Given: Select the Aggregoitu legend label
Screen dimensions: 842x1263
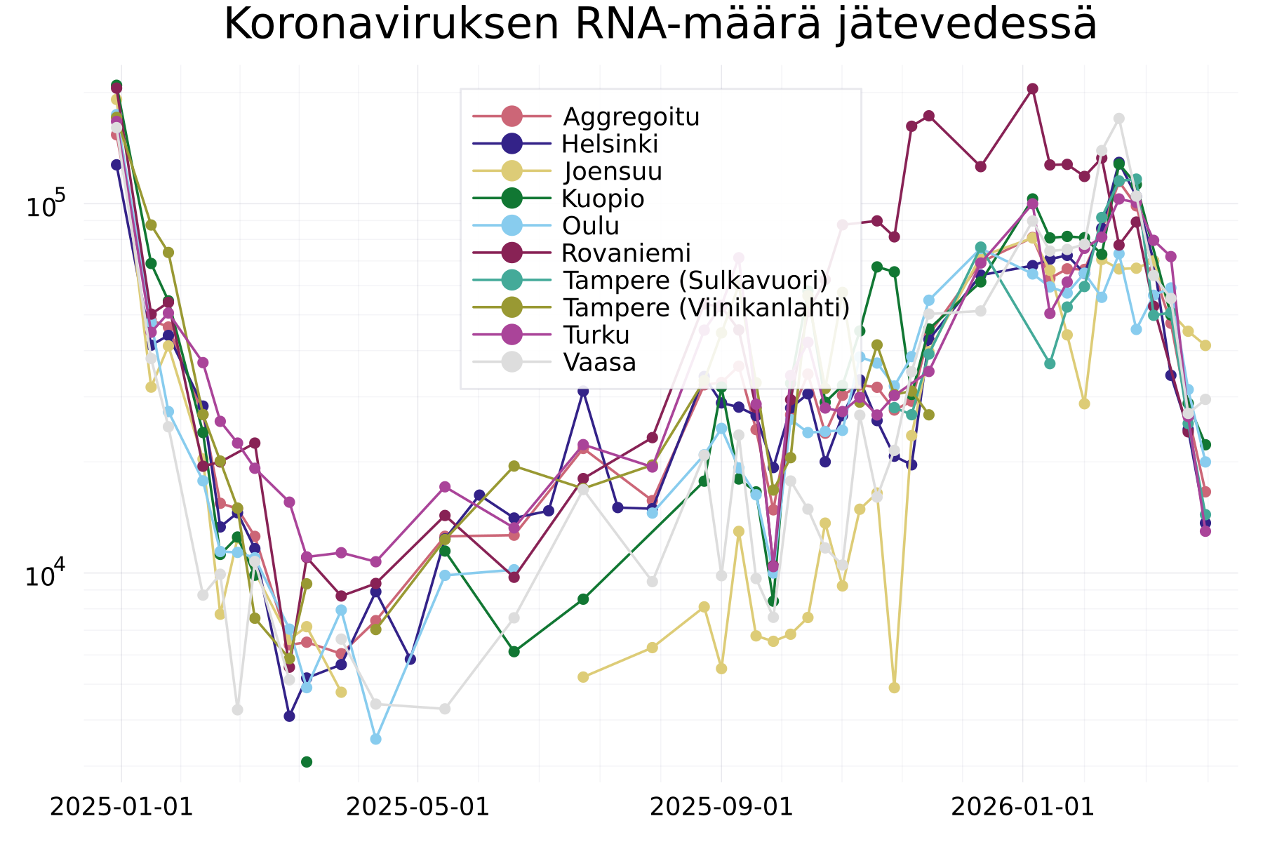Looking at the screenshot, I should (x=631, y=116).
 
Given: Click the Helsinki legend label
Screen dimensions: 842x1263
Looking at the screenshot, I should (x=610, y=144).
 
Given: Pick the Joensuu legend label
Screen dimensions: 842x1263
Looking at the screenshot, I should (x=613, y=171).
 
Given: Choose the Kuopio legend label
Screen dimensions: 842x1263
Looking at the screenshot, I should (x=603, y=199).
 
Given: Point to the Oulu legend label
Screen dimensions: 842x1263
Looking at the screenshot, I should (x=590, y=226).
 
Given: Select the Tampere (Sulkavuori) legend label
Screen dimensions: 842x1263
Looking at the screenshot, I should (x=695, y=280).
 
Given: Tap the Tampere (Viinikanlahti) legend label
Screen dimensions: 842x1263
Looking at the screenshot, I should (x=706, y=307).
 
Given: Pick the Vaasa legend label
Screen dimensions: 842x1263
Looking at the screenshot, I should (x=599, y=362).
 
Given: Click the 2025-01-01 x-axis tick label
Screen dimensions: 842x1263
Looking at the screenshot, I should (x=121, y=807).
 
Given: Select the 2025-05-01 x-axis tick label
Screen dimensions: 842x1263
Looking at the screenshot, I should (x=418, y=807).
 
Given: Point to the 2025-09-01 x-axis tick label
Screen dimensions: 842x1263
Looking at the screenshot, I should (x=721, y=807).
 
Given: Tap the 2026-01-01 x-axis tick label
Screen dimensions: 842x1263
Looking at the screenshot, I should (x=1022, y=807).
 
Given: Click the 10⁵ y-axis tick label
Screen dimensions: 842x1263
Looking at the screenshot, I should (x=45, y=206).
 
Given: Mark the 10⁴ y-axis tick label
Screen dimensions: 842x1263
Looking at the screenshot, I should (x=45, y=575).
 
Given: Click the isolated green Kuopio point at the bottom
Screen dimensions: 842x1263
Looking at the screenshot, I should (x=307, y=761).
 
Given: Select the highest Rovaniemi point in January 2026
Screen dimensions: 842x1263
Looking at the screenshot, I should (x=1032, y=88).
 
